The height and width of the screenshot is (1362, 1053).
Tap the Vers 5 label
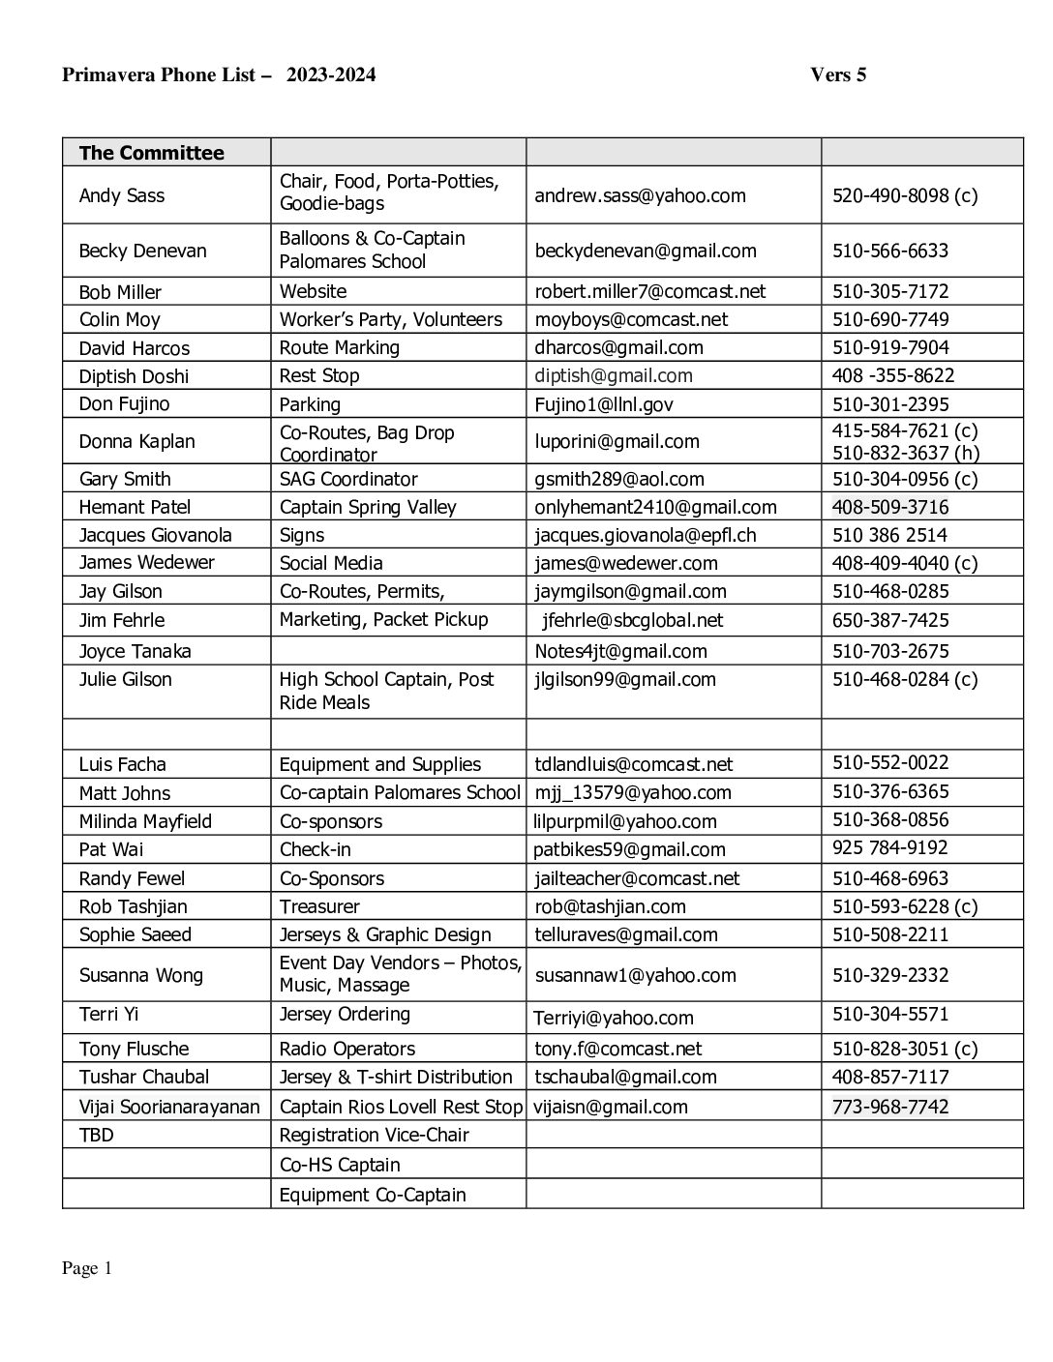pyautogui.click(x=838, y=74)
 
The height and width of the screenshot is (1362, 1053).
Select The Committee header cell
pyautogui.click(x=151, y=153)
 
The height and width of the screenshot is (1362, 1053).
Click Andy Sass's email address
pyautogui.click(x=640, y=195)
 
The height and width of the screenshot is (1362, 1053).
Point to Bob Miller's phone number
pyautogui.click(x=890, y=291)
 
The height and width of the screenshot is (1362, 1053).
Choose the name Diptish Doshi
pyautogui.click(x=134, y=376)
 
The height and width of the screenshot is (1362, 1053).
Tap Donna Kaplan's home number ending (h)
pyautogui.click(x=905, y=453)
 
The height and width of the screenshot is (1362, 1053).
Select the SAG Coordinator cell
pyautogui.click(x=348, y=479)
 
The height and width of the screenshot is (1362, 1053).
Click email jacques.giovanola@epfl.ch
pyautogui.click(x=646, y=535)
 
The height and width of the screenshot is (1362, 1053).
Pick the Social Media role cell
pyautogui.click(x=331, y=563)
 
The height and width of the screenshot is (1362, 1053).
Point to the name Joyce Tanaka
pyautogui.click(x=135, y=651)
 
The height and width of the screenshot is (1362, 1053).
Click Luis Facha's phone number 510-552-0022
pyautogui.click(x=890, y=762)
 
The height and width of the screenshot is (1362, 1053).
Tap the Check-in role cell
pyautogui.click(x=315, y=849)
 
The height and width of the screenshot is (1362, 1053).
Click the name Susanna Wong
pyautogui.click(x=140, y=975)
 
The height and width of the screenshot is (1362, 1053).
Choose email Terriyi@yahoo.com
pyautogui.click(x=614, y=1018)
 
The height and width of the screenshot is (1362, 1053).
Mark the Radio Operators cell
pyautogui.click(x=346, y=1049)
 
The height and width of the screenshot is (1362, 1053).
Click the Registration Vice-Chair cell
pyautogui.click(x=374, y=1135)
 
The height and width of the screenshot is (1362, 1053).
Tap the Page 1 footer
pyautogui.click(x=87, y=1268)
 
